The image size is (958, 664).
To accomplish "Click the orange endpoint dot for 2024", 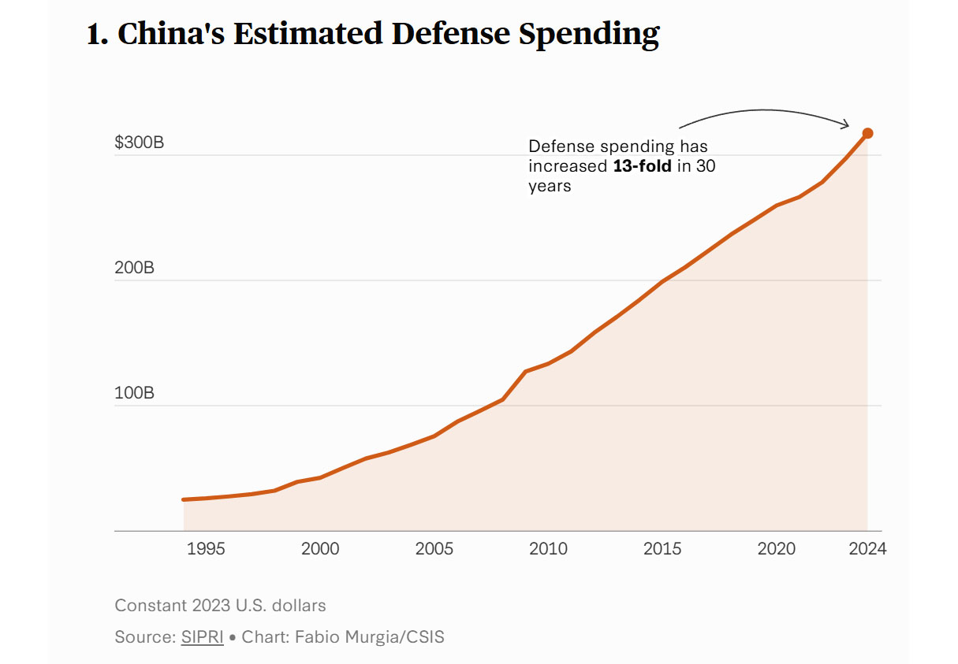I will pos(867,133).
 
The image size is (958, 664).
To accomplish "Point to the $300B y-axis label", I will pos(139,143).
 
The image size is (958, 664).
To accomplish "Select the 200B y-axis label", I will pos(134,268).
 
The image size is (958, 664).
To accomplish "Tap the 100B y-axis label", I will pos(134,393).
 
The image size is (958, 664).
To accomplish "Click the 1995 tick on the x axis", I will pos(206,548).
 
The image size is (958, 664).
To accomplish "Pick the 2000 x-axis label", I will pos(320,548).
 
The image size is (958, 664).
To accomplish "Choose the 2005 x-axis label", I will pos(434,548).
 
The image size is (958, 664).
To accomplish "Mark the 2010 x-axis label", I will pos(548,548).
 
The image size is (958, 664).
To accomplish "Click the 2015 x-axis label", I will pos(662,548).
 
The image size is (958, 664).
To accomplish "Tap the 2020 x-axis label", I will pos(777,548).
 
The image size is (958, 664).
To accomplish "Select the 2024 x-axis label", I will pos(867,548).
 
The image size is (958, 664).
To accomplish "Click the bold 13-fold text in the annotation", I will pos(642,167).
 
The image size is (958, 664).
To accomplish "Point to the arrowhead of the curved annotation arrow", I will pos(847,124).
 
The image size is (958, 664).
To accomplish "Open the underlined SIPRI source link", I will pos(203,637).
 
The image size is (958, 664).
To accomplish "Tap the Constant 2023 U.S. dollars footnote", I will pos(220,606).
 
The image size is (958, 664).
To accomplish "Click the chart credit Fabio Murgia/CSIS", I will pos(370,637).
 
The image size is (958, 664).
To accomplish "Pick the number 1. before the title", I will pos(97,35).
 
